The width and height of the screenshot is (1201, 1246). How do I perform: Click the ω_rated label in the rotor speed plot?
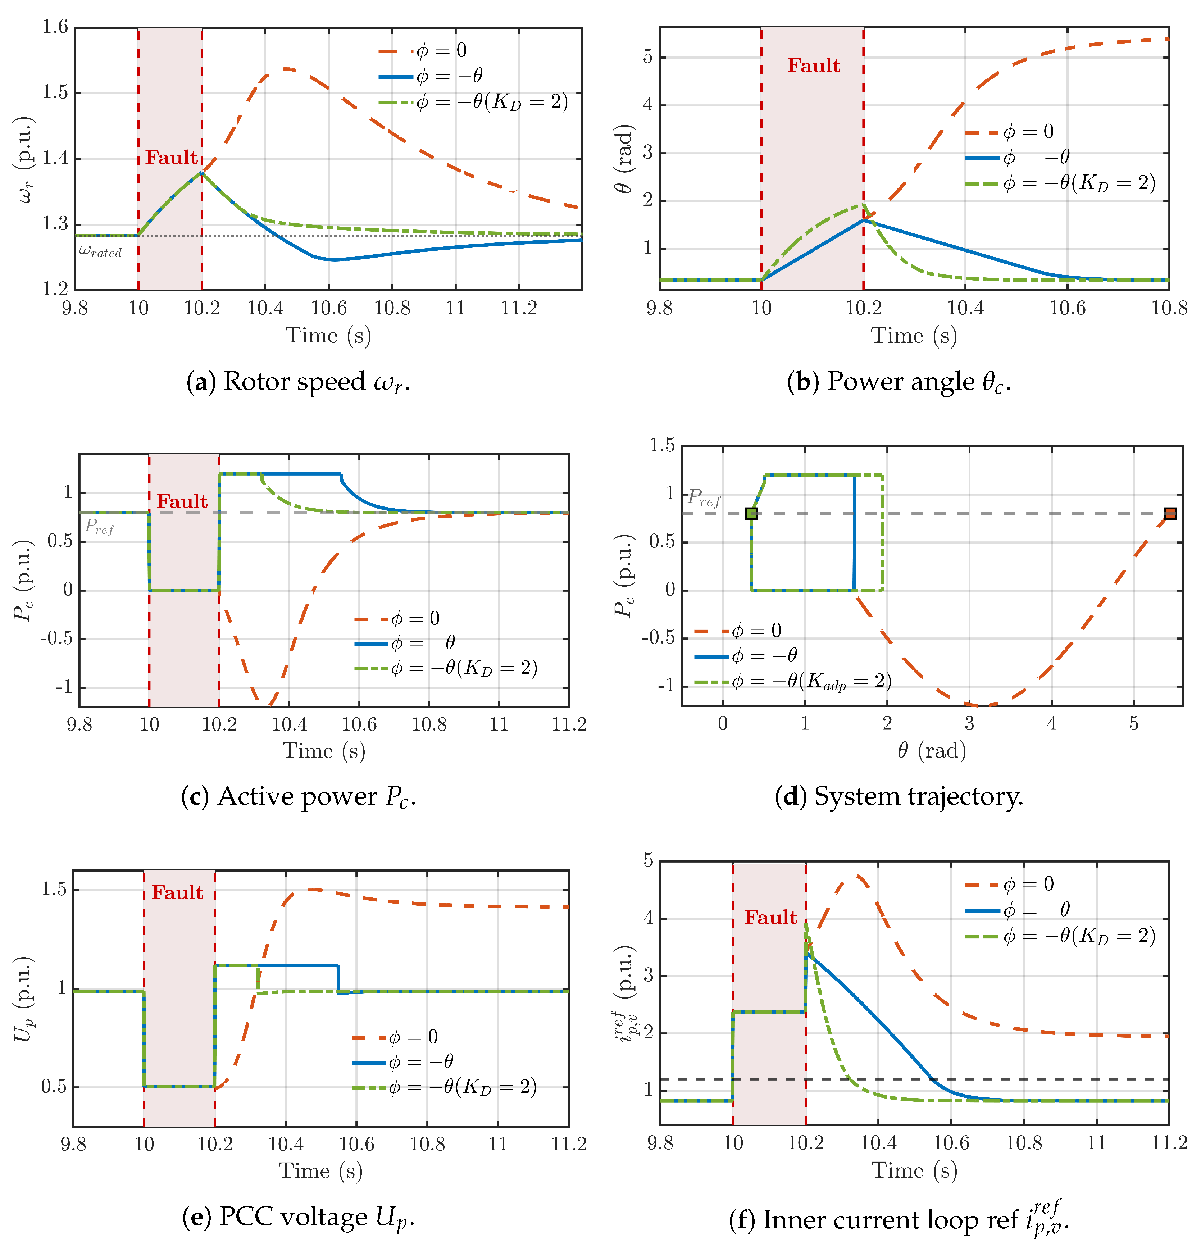coord(100,252)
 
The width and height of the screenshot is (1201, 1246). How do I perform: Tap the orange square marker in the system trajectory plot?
coord(1169,513)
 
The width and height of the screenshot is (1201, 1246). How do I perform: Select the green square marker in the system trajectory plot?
coord(751,513)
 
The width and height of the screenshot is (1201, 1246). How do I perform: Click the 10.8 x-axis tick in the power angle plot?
coord(1169,308)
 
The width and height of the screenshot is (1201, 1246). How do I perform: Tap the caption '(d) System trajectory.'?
coord(899,796)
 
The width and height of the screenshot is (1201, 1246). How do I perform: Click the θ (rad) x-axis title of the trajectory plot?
coord(932,751)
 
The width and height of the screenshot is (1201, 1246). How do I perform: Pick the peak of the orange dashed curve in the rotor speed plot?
coord(286,68)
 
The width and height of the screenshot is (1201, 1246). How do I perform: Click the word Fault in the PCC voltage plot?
coord(177,892)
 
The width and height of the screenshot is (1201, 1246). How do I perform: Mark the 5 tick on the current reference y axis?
coord(648,861)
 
